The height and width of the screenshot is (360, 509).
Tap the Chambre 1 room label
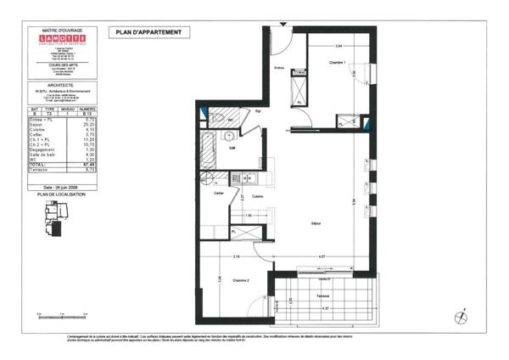(337, 63)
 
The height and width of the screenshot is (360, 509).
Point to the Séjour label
(316, 222)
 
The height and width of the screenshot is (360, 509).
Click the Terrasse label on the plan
(322, 295)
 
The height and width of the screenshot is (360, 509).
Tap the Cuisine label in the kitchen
(256, 197)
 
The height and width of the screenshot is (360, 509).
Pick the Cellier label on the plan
(219, 194)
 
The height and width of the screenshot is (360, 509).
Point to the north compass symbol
(462, 315)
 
